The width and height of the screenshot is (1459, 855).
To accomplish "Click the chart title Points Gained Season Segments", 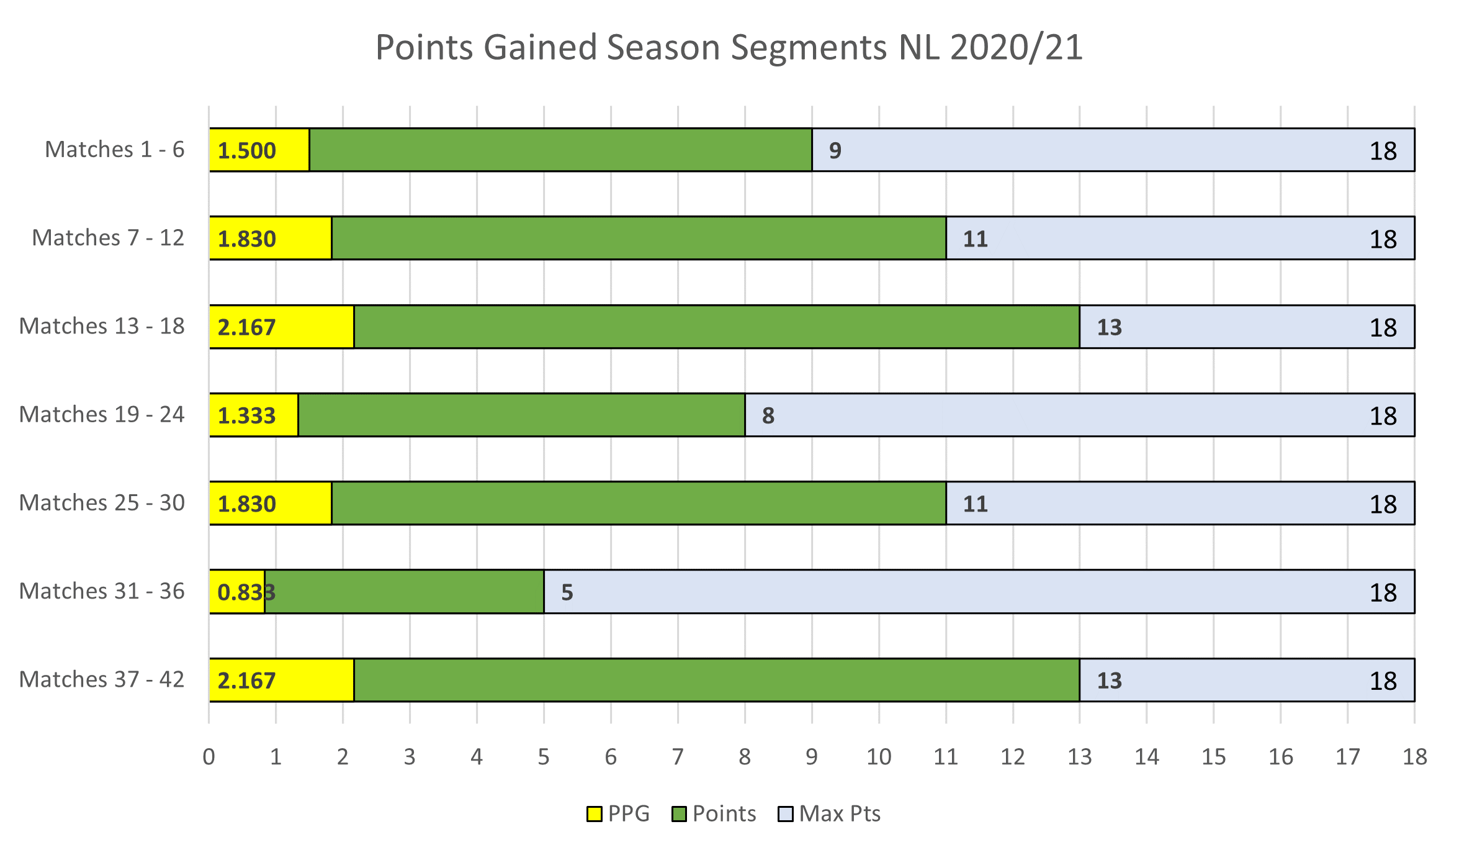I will coord(729,47).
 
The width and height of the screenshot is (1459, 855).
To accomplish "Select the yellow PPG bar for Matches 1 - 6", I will coord(259,150).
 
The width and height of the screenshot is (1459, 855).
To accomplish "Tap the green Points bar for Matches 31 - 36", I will coord(404,592).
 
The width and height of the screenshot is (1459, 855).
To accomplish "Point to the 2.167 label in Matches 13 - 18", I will coord(246,327).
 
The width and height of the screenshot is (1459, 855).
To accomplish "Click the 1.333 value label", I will coord(246,415).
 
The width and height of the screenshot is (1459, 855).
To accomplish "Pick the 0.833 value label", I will coord(246,592).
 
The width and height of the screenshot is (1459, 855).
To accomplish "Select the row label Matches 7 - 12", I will coord(108,238).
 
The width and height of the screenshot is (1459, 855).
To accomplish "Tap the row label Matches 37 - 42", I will coord(102,679).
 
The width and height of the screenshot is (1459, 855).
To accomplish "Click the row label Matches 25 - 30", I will coord(102,503).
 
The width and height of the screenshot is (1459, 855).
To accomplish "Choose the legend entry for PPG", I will coord(618,813).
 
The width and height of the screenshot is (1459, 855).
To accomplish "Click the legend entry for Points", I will coord(714,813).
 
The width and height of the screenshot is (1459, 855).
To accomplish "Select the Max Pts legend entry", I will coord(829,813).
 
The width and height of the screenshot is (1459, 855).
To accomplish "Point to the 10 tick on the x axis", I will coord(879,757).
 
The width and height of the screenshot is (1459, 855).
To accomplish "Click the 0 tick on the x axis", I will coord(209,757).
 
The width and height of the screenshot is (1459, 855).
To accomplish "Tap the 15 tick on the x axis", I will coord(1214,757).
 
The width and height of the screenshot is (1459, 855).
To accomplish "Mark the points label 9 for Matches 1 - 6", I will coord(835,150).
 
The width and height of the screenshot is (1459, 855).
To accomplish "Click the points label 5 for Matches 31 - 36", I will coord(567,592).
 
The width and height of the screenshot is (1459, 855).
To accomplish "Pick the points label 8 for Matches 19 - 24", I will coord(768,415).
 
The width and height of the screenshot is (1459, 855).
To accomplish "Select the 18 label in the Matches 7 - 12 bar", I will coord(1383,239).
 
